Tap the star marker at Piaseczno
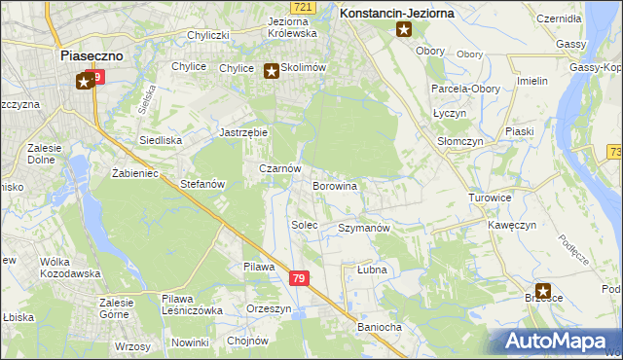pyautogui.click(x=84, y=82)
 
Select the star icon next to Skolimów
pyautogui.click(x=272, y=70)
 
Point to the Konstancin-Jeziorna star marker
pyautogui.click(x=404, y=31)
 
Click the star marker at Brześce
pyautogui.click(x=543, y=290)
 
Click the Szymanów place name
pyautogui.click(x=363, y=228)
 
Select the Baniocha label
pyautogui.click(x=380, y=327)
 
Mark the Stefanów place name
pyautogui.click(x=203, y=183)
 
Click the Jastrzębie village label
pyautogui.click(x=243, y=131)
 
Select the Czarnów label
pyautogui.click(x=277, y=167)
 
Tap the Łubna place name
pyautogui.click(x=372, y=270)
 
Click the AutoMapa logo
pyautogui.click(x=557, y=341)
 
